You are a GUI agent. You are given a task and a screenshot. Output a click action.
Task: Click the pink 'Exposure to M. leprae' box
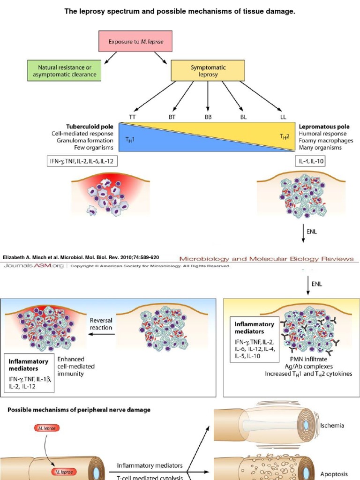[135, 41]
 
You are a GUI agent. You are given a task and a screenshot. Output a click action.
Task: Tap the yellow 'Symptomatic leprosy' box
[208, 70]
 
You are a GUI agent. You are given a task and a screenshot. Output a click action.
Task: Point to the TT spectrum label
[133, 117]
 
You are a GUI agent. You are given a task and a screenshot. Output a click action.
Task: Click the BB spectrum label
[208, 117]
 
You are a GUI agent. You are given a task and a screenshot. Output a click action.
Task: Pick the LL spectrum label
[283, 117]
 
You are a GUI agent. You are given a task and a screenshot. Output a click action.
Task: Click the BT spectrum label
[172, 117]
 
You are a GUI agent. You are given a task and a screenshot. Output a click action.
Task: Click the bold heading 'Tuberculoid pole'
[89, 127]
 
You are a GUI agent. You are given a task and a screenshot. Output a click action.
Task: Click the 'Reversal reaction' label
[101, 324]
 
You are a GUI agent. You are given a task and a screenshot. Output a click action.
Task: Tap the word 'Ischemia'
[332, 426]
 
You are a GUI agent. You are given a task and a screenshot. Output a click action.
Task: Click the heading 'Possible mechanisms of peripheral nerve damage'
[79, 410]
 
